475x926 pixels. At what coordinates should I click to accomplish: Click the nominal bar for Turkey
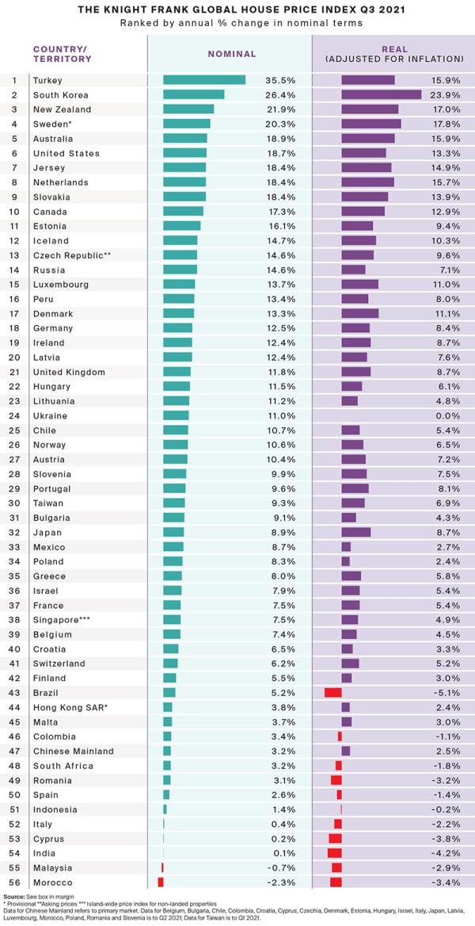[204, 80]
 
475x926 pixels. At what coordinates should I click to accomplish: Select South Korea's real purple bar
[381, 94]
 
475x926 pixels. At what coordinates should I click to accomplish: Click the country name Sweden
[51, 124]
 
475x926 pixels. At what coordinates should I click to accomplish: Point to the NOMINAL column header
[232, 54]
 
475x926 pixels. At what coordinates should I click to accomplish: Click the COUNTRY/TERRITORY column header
[63, 54]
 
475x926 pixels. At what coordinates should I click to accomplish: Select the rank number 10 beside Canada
[14, 212]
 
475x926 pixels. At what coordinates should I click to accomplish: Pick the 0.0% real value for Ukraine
[447, 415]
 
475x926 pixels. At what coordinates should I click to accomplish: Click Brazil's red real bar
[333, 692]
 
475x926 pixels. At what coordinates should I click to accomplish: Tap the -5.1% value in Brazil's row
[446, 692]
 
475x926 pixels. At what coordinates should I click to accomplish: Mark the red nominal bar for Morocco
[161, 882]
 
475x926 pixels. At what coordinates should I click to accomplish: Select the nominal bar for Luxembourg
[179, 285]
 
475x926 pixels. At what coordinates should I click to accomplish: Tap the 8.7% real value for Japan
[447, 532]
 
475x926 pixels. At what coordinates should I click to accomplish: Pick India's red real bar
[335, 852]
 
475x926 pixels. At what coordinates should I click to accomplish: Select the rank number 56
[14, 882]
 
